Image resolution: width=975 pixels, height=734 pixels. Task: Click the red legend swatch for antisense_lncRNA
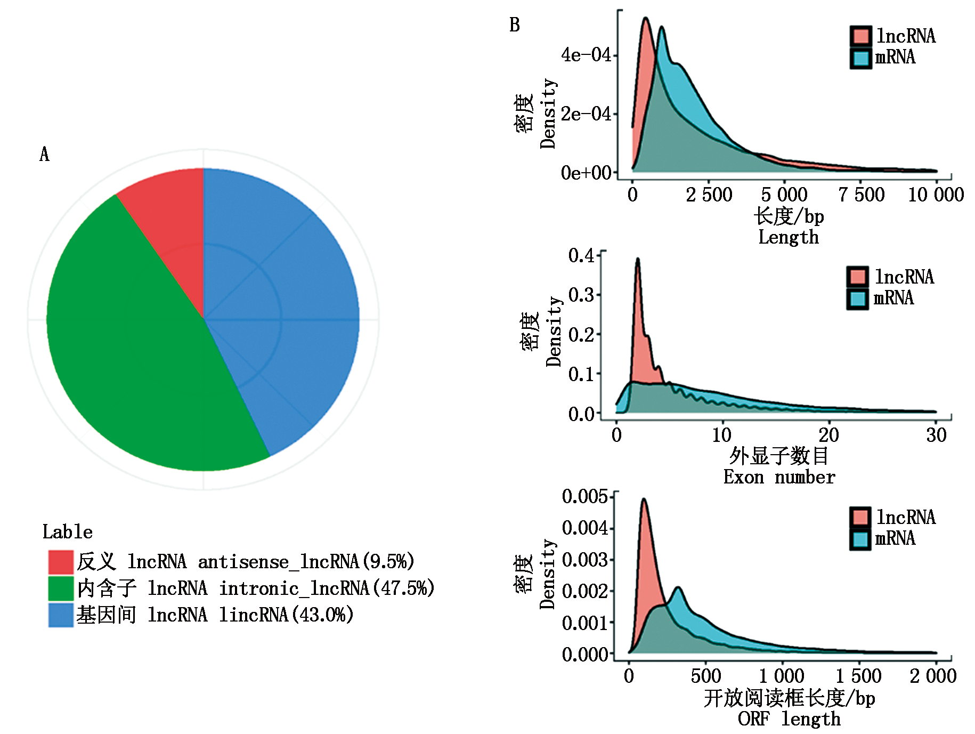pos(61,562)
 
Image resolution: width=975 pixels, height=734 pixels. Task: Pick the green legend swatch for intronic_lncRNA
pos(61,588)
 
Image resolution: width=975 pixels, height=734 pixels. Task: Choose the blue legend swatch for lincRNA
pos(61,615)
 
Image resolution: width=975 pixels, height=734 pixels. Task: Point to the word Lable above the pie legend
pos(67,532)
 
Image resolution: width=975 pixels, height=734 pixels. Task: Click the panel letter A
pos(45,155)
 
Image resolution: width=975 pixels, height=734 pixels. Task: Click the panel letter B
pos(514,25)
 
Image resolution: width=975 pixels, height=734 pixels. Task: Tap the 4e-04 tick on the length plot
pos(586,55)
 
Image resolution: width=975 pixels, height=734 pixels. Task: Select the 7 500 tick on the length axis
pos(861,195)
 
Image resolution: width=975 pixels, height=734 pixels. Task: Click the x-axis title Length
pos(789,237)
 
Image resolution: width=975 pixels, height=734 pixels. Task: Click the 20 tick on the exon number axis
pos(828,435)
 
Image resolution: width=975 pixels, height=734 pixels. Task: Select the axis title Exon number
pos(779,477)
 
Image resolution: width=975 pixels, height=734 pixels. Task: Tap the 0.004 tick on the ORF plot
pos(584,528)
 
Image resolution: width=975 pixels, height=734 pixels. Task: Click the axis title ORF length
pos(789,719)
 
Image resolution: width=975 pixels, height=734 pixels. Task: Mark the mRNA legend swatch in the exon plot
pos(857,298)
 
